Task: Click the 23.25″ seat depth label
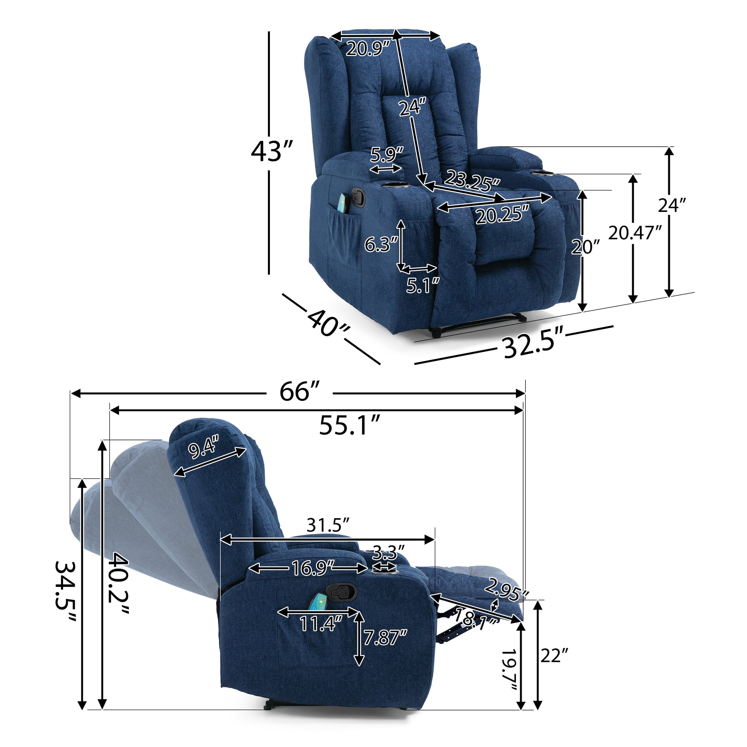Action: (472, 180)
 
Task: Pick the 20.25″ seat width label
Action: (502, 215)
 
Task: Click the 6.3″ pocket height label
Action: (381, 245)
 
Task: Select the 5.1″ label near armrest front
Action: (423, 285)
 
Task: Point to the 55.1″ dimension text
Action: (351, 425)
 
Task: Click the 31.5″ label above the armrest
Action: (328, 525)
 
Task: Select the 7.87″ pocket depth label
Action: (385, 637)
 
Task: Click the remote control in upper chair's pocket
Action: (342, 203)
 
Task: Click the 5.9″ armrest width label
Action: (386, 155)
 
